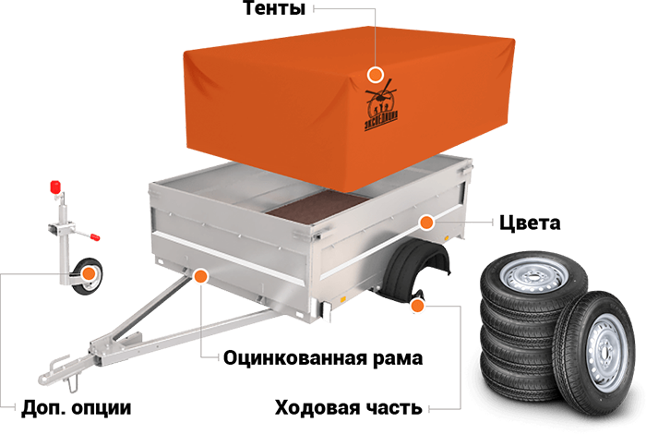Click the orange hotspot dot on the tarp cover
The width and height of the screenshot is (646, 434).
(375, 74)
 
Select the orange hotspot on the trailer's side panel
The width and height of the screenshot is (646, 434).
(425, 222)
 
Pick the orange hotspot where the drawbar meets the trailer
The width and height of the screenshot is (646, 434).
(199, 275)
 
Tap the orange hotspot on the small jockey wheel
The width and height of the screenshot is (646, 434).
(89, 272)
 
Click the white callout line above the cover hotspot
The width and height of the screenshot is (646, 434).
(375, 37)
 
